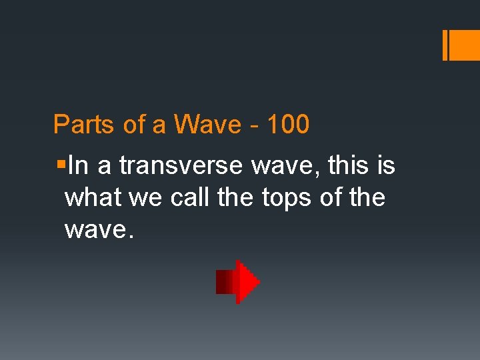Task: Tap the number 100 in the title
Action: coord(287,125)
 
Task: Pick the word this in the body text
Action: coord(349,166)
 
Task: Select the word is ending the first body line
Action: coord(386,166)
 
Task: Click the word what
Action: coord(89,198)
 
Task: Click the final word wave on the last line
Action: coord(95,231)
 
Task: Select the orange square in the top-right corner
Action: coord(465,46)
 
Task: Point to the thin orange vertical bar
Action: coord(445,46)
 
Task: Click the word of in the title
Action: coord(134,125)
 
